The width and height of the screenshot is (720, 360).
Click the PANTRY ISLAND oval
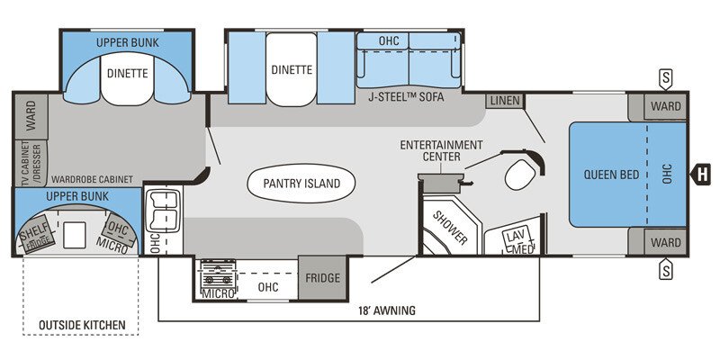pyautogui.click(x=301, y=184)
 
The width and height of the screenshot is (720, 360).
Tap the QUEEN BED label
pyautogui.click(x=611, y=174)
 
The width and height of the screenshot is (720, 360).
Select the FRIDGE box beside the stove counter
pyautogui.click(x=322, y=278)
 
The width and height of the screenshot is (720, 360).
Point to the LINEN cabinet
pyautogui.click(x=505, y=100)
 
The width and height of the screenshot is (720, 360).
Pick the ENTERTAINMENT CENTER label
pyautogui.click(x=441, y=150)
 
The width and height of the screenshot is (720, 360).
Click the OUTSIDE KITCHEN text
pyautogui.click(x=81, y=324)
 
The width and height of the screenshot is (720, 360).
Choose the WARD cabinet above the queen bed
pyautogui.click(x=665, y=106)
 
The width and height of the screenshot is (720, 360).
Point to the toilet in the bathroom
pyautogui.click(x=520, y=175)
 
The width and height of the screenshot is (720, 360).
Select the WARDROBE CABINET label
pyautogui.click(x=92, y=179)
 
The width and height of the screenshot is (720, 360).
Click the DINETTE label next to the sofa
pyautogui.click(x=291, y=69)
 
